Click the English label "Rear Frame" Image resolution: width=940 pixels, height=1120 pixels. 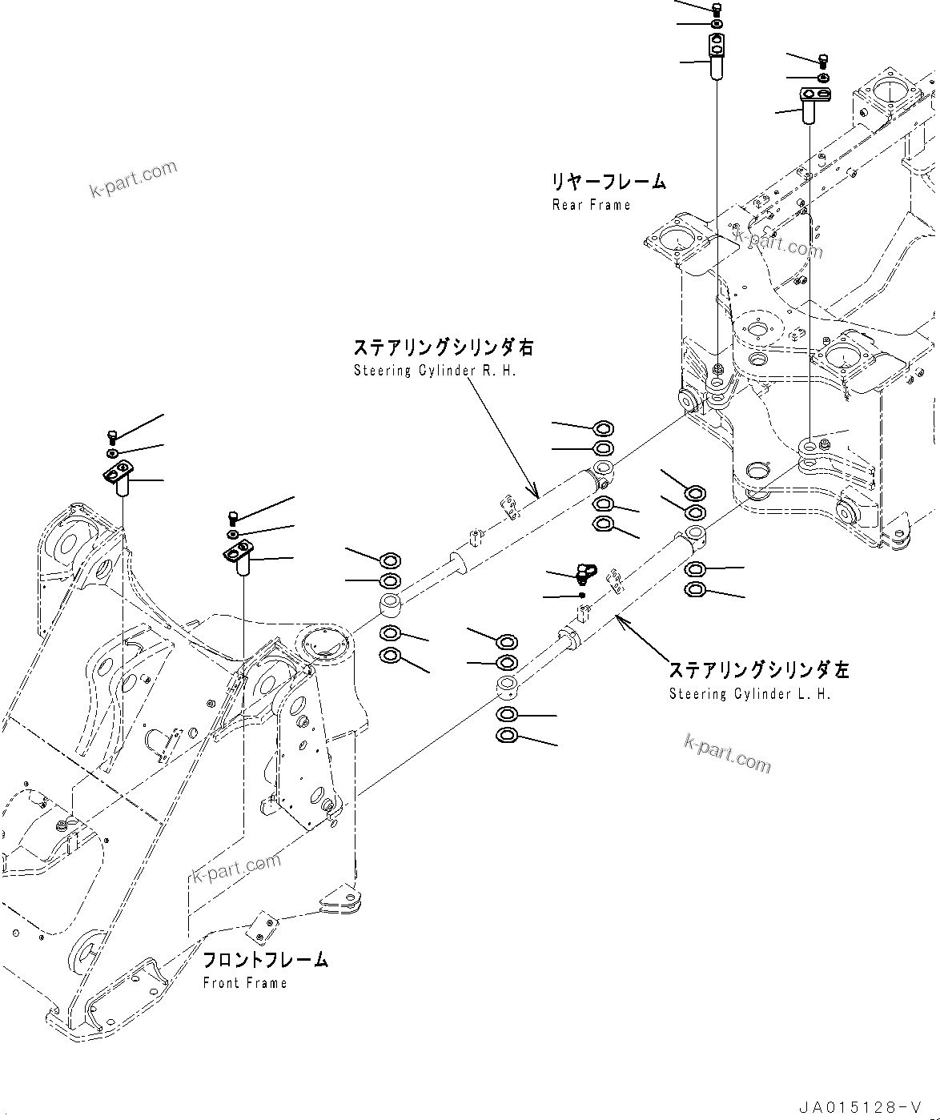pos(591,205)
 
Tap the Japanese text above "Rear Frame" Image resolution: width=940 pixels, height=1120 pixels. pos(607,182)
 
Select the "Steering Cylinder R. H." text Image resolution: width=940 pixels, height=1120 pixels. pos(435,371)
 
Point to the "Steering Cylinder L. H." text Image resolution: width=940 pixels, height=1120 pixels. pos(749,694)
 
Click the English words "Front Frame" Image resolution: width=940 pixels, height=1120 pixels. pos(244,983)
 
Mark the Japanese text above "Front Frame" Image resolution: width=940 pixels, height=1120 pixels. pos(265,960)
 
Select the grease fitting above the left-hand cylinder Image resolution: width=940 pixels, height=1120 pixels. pos(586,572)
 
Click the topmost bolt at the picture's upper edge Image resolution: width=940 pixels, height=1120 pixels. pos(716,9)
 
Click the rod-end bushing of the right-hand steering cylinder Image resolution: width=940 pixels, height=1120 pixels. pos(391,602)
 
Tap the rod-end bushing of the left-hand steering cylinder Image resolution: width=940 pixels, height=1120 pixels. pos(506,685)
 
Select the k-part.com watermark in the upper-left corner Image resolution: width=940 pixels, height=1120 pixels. pos(133,180)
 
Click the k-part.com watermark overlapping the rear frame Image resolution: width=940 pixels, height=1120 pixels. pos(778,244)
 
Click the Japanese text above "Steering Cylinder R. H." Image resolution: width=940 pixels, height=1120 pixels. pos(443,347)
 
